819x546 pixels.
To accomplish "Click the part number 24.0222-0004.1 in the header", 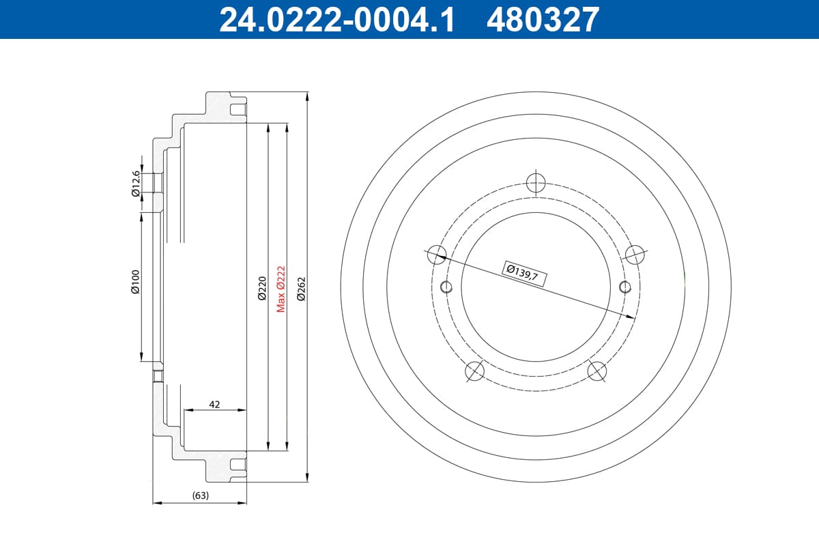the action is coord(337,20).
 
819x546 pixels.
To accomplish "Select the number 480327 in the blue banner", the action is coord(543,20).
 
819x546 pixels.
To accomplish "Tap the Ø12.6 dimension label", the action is coord(136,184).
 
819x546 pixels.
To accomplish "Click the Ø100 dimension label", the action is coord(135,282).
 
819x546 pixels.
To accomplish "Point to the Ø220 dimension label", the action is coord(262,288).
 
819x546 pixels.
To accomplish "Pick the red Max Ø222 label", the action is coord(281,289).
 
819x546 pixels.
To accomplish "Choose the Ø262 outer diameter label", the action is coord(301,289).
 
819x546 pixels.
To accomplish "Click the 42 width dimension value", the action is coord(214,405).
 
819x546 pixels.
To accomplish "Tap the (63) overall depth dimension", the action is coord(201,495).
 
